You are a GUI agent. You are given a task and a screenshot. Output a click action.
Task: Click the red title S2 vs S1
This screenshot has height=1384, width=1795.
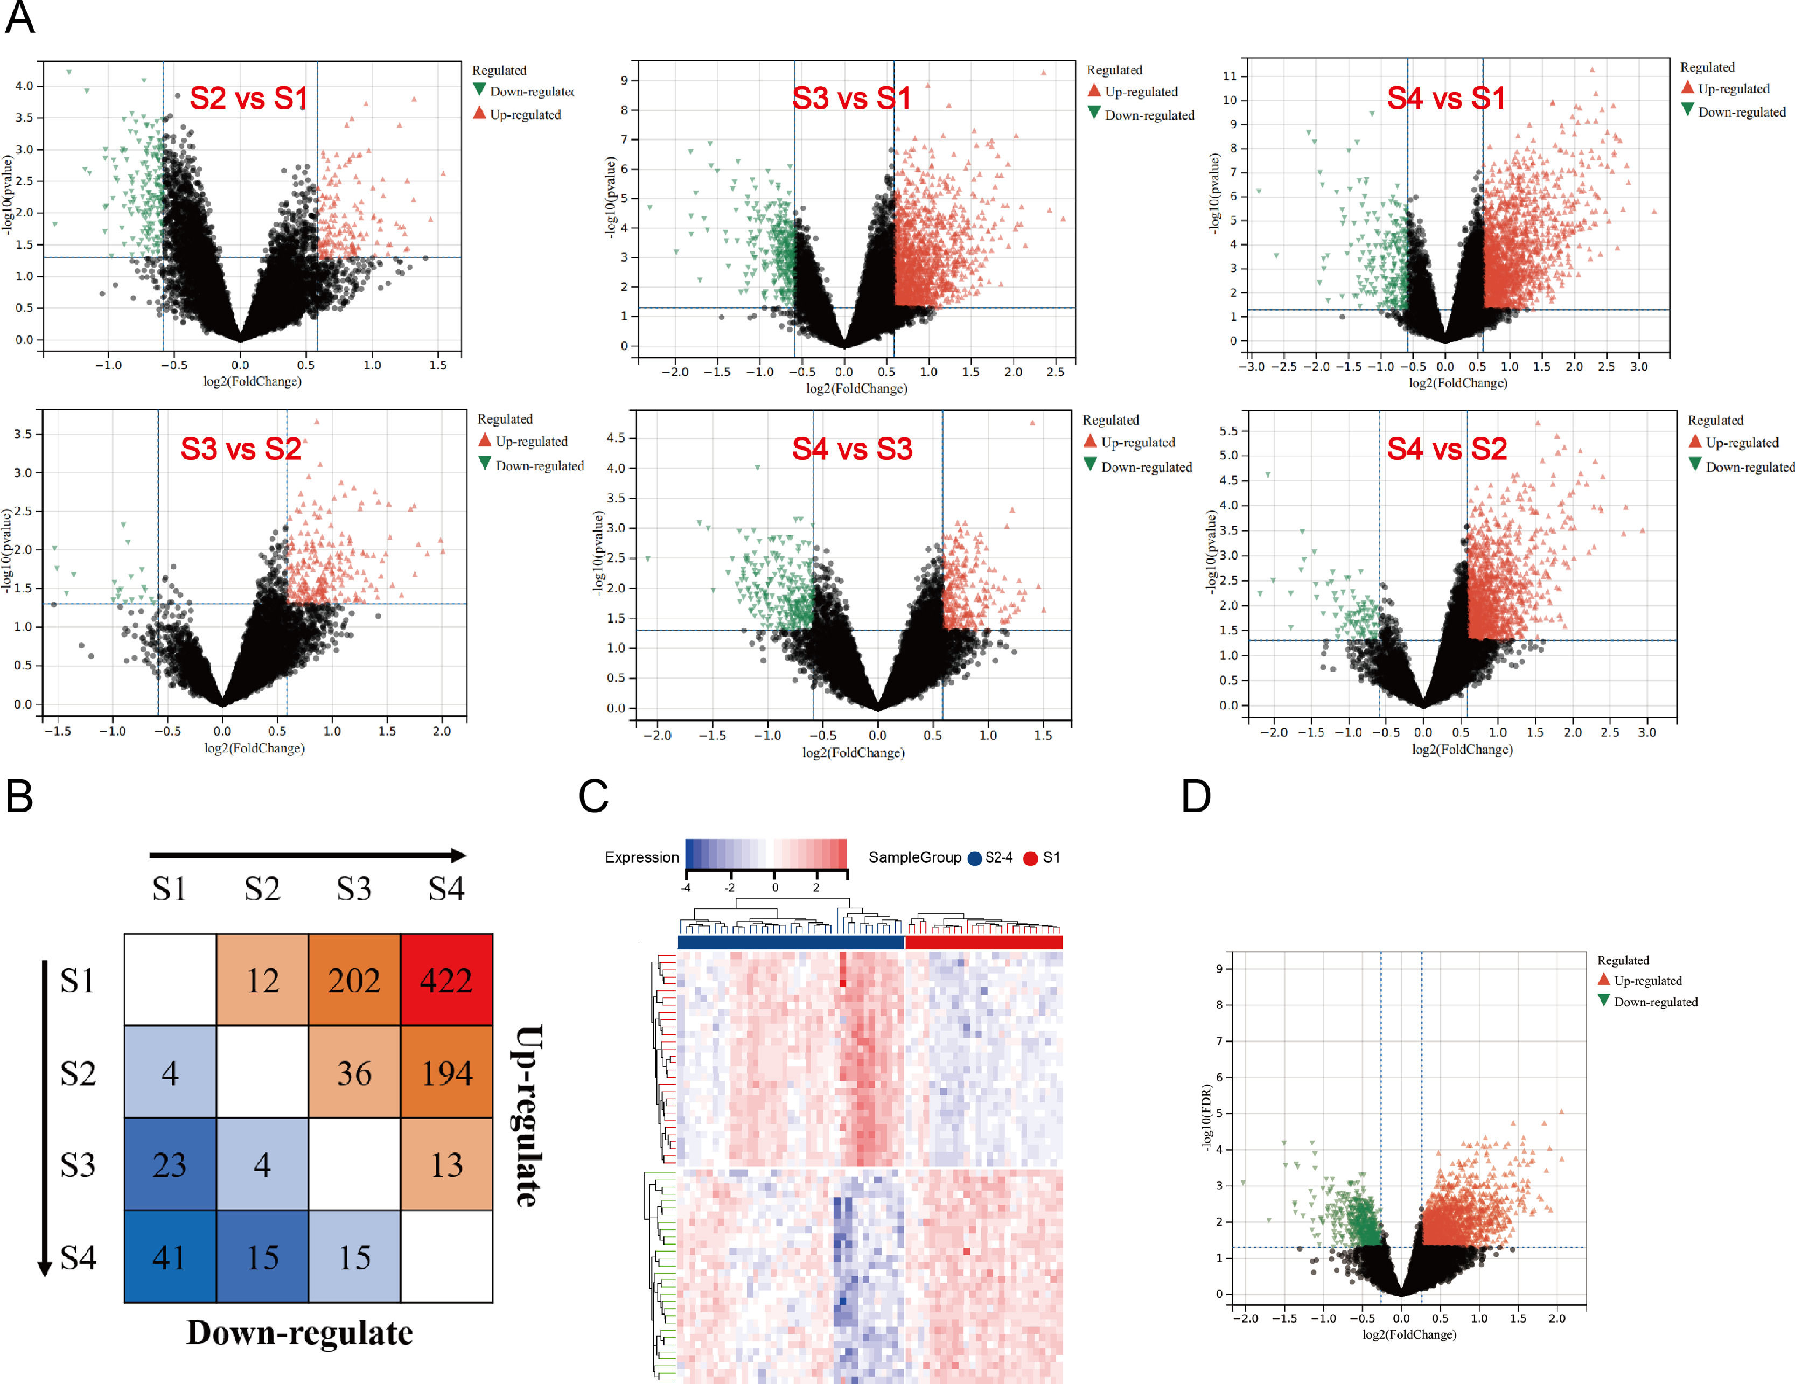(x=248, y=99)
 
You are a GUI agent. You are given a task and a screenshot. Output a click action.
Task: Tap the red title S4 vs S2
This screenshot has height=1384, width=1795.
(x=1447, y=450)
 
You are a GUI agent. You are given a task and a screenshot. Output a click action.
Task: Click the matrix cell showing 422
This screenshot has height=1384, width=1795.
(x=446, y=981)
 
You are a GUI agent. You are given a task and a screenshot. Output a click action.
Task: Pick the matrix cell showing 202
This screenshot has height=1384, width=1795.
(x=354, y=981)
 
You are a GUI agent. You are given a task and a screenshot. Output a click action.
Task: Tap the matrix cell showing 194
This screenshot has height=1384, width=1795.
(x=446, y=1073)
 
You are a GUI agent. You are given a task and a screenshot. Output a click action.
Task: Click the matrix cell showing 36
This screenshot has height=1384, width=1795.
(x=354, y=1073)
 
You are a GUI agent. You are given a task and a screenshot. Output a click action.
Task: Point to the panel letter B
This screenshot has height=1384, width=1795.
(x=20, y=795)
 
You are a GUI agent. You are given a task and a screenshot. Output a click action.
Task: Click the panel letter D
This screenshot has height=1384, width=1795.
(x=1196, y=795)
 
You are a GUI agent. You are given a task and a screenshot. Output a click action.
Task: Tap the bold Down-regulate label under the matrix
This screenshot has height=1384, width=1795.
(x=299, y=1333)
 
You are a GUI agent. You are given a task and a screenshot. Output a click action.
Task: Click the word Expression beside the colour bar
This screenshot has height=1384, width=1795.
(x=642, y=858)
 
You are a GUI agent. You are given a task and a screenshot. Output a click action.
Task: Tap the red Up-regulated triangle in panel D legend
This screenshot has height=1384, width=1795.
(x=1603, y=980)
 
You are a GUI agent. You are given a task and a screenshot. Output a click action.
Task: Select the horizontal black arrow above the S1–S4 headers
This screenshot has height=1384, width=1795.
(x=308, y=856)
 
